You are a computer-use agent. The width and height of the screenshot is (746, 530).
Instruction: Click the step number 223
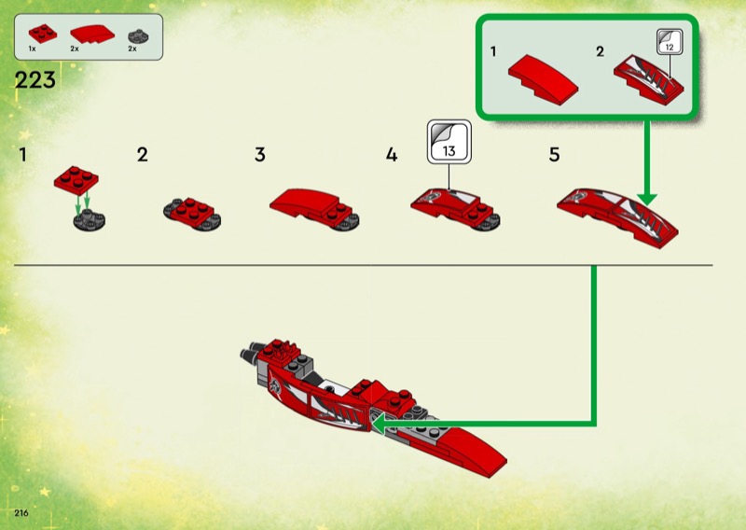coord(35,80)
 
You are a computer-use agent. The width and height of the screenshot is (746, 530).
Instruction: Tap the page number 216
coord(21,513)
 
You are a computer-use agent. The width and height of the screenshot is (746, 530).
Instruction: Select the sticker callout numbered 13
coord(449,142)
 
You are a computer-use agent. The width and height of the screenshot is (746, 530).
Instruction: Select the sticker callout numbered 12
coord(670,42)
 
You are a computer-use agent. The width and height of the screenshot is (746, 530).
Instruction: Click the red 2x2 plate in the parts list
coord(43,34)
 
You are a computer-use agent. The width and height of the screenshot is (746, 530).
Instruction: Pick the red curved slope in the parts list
coord(92,34)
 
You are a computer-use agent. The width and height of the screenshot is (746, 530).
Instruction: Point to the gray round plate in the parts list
coord(138,36)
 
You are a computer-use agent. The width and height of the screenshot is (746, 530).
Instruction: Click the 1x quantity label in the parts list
coord(32,49)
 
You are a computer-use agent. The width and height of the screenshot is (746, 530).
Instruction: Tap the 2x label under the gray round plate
coord(132,49)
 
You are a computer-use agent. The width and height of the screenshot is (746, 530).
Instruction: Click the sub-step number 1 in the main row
coord(22,155)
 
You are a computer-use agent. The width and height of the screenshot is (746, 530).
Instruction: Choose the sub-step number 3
coord(260,155)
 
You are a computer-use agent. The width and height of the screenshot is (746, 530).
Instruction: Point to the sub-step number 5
coord(554,155)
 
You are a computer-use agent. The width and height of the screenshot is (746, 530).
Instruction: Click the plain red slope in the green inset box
coord(544,79)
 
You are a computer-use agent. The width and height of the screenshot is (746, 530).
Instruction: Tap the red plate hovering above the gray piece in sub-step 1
coord(76,180)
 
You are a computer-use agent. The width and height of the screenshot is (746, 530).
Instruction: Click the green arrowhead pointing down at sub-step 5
coord(646,199)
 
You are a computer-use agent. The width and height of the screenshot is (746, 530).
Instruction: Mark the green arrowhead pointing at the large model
coord(378,424)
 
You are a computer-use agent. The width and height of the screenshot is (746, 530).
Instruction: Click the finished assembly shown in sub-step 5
coord(617,217)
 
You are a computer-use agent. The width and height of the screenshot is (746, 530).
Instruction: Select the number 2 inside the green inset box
coord(600,51)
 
